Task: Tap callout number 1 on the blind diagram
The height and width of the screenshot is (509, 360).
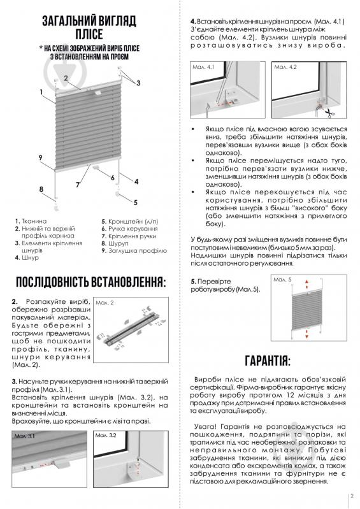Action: pyautogui.click(x=40, y=92)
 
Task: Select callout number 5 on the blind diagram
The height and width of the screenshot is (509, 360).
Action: pyautogui.click(x=135, y=202)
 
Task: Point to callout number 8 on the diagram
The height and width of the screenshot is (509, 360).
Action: pyautogui.click(x=41, y=189)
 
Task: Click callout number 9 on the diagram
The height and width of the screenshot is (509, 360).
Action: pyautogui.click(x=40, y=157)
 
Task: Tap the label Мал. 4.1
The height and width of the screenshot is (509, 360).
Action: pyautogui.click(x=206, y=66)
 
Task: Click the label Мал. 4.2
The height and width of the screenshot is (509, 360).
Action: pyautogui.click(x=284, y=66)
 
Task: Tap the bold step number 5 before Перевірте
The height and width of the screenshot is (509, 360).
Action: pyautogui.click(x=194, y=282)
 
